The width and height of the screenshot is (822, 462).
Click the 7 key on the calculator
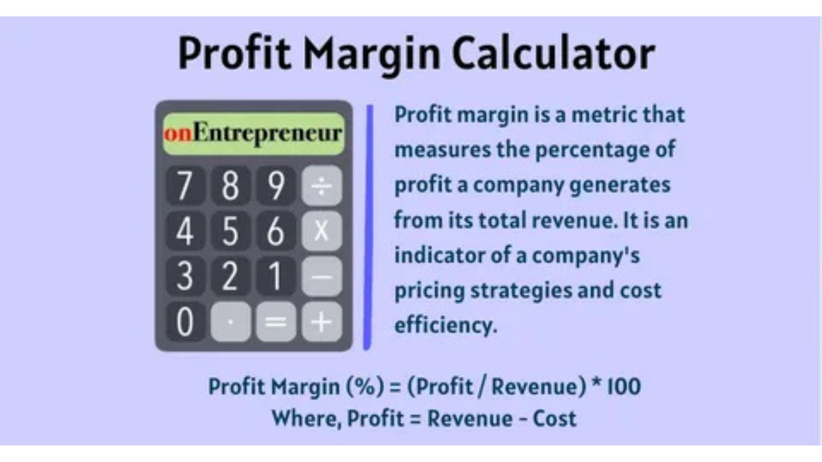(185, 185)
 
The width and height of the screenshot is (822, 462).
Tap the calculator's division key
(322, 185)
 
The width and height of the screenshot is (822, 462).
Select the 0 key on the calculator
(185, 322)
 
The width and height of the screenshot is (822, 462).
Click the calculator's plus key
(322, 322)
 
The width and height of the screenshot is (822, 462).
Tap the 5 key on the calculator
(231, 231)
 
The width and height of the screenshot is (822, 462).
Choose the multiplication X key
(322, 231)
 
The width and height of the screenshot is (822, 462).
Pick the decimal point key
(231, 322)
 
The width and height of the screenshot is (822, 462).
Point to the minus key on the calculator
(322, 276)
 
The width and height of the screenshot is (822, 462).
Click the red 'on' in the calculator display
(178, 133)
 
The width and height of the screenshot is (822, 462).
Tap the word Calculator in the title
(553, 53)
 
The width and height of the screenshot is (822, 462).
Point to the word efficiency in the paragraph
(445, 325)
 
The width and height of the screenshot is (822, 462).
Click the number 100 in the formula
(624, 386)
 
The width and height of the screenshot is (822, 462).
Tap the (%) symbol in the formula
(365, 387)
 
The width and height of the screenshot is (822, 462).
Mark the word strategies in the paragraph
(521, 291)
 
